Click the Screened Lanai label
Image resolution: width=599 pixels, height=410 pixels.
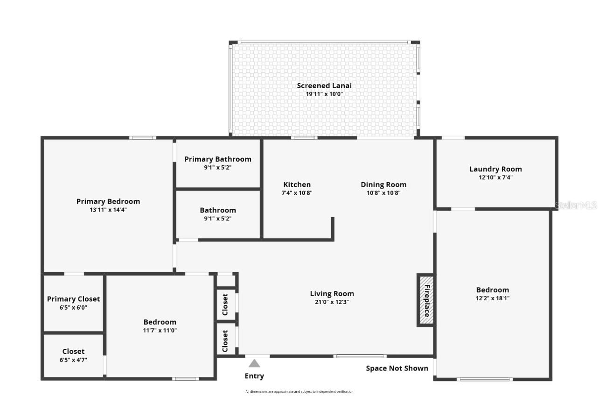[324, 85]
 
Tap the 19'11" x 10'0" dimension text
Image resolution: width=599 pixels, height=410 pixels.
[324, 94]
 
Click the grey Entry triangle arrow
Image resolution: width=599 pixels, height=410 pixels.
[254, 363]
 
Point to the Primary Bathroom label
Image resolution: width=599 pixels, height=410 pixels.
[218, 159]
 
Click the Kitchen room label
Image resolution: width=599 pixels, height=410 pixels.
[297, 184]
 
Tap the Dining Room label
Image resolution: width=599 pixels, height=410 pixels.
[383, 184]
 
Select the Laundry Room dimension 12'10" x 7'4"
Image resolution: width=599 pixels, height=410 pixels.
[495, 177]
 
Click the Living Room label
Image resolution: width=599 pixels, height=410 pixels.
[332, 294]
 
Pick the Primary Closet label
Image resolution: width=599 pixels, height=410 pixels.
[73, 299]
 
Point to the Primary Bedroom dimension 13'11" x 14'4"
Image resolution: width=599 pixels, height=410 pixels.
[108, 210]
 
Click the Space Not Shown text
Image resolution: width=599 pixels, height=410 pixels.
[397, 368]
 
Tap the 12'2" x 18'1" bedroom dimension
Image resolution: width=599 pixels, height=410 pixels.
[493, 298]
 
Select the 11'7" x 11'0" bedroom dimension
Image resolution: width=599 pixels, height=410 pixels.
[160, 330]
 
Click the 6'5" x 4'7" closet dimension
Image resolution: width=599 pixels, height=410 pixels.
[73, 360]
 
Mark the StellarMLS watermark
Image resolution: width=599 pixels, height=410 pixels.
[576, 205]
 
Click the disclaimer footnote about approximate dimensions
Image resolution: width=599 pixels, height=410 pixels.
[299, 391]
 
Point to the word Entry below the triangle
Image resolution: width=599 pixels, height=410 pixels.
[254, 376]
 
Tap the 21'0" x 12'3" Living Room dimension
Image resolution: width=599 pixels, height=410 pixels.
[332, 302]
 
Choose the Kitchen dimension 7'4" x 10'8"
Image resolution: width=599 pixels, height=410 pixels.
[297, 193]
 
